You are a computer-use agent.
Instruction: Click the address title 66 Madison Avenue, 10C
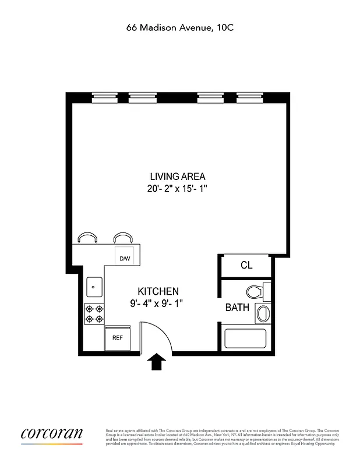coord(180,27)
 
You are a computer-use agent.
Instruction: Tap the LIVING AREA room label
coord(178,176)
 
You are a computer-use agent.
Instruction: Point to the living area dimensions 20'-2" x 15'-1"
coord(178,188)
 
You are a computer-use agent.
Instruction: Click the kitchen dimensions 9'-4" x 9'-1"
coord(158,303)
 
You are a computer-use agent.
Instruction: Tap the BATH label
coord(237,307)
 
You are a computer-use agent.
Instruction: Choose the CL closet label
coord(246,266)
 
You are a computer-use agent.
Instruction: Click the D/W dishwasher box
coord(125,258)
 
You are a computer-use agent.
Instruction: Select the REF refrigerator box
coord(117,338)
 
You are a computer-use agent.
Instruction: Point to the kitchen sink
coord(94,287)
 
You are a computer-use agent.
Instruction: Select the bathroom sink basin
coord(262,313)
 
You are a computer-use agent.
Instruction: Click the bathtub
coord(245,340)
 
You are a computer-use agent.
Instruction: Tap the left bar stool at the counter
coord(88,238)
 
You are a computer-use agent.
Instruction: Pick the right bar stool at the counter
coord(122,238)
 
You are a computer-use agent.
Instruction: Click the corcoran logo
coord(52,434)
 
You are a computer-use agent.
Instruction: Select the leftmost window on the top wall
coord(105,98)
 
